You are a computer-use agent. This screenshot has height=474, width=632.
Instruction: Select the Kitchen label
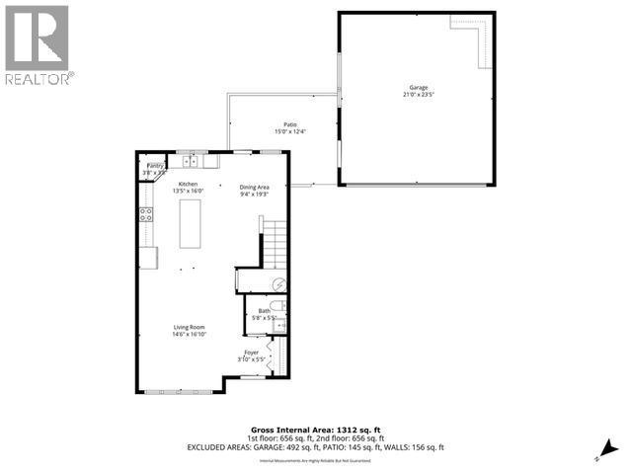pos(188,185)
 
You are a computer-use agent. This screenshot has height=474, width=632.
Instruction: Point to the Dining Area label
pos(255,186)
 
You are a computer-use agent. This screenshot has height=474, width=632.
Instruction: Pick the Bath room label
pos(264,311)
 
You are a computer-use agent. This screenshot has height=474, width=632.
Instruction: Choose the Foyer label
pos(252,353)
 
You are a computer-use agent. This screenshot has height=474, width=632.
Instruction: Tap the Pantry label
pos(155,167)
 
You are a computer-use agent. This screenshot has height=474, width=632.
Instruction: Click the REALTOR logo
pos(37,44)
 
